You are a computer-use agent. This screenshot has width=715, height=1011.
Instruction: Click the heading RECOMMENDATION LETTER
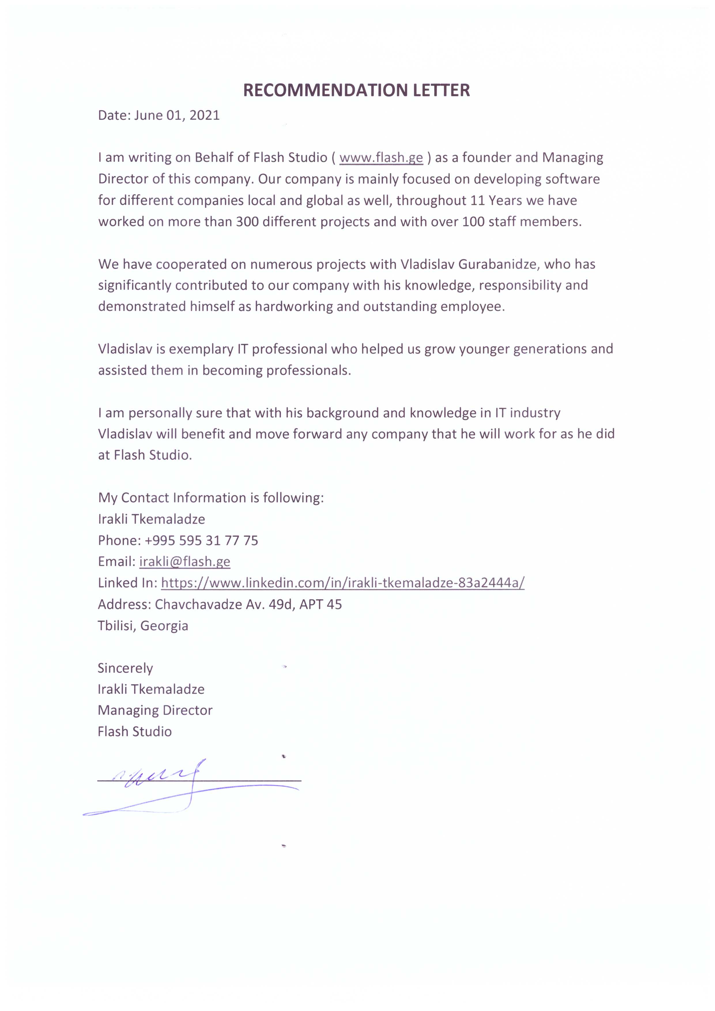[356, 90]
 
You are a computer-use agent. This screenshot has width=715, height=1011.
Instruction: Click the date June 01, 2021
[177, 115]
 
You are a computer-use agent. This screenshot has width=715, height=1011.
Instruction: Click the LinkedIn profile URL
[343, 583]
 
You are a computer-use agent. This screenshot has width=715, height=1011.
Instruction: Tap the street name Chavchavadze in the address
[198, 604]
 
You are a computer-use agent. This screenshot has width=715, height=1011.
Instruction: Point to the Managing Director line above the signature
[155, 710]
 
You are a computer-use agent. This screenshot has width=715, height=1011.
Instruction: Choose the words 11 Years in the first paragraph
[496, 200]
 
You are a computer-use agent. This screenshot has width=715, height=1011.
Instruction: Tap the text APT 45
[320, 604]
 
